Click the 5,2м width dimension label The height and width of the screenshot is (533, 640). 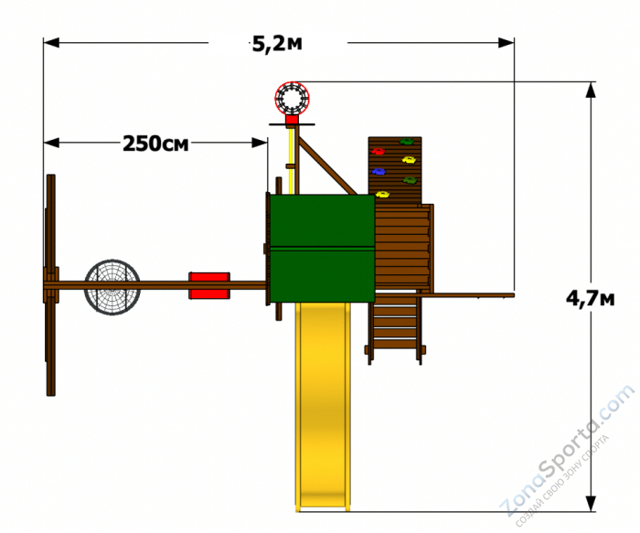point(277,44)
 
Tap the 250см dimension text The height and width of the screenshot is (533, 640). point(155,144)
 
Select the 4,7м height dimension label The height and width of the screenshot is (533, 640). point(591,299)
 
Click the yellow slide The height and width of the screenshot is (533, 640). point(323,406)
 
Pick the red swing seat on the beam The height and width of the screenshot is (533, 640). point(209,285)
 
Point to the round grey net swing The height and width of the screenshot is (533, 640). point(112,287)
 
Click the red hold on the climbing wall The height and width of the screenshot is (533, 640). point(378,152)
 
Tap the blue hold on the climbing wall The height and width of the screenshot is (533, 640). point(379,171)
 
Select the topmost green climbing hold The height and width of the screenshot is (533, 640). point(406,142)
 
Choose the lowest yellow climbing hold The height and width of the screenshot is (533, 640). point(382,194)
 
